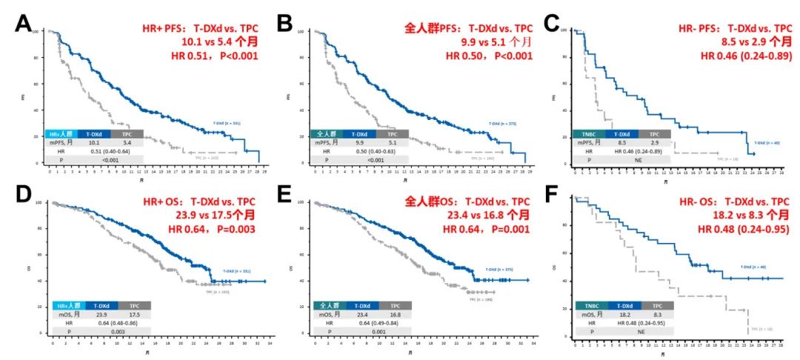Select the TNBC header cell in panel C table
click(590, 134)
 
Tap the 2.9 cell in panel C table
click(655, 143)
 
